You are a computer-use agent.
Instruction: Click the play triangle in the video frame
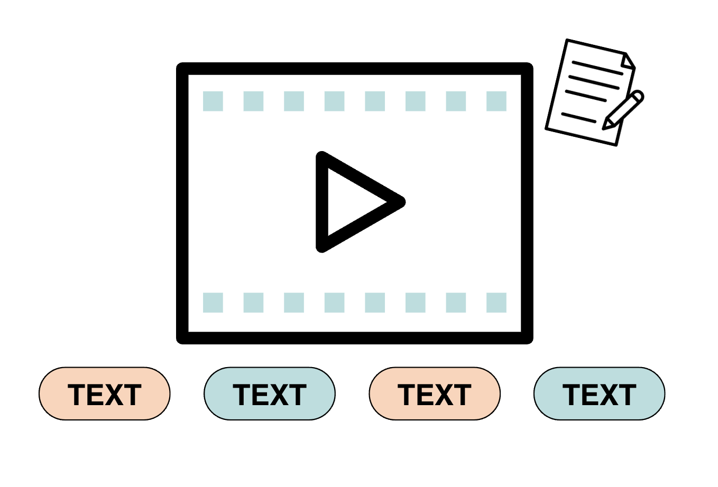(322, 202)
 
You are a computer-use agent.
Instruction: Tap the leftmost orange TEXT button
(105, 394)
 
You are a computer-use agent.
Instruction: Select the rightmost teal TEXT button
(600, 394)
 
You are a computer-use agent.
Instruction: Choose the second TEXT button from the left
(270, 394)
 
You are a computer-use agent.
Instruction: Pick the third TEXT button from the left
(435, 394)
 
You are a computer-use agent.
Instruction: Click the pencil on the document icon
(623, 110)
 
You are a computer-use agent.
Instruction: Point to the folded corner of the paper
(627, 61)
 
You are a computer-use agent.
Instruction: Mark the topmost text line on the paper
(597, 68)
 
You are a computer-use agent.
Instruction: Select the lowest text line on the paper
(578, 117)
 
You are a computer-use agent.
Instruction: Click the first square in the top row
(213, 101)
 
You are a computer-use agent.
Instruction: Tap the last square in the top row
(496, 101)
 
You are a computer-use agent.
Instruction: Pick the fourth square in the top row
(334, 101)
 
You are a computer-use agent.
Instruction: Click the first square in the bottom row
(213, 303)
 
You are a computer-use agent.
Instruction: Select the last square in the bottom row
(496, 303)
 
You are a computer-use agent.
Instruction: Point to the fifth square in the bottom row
(375, 303)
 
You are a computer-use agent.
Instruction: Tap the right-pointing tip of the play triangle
(404, 202)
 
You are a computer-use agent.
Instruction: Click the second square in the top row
(254, 101)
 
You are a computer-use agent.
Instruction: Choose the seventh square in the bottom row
(456, 303)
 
